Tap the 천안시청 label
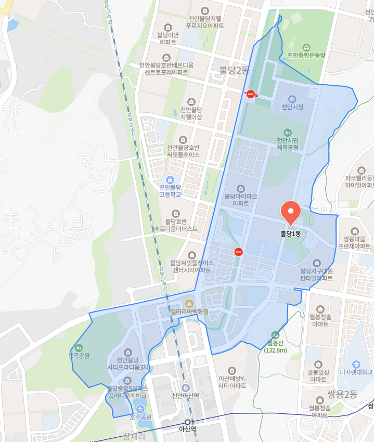[x=292, y=107]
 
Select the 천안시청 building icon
[x=292, y=99]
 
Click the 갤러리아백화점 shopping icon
[x=189, y=303]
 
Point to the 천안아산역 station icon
[x=186, y=387]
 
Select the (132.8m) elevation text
[x=275, y=350]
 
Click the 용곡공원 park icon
[x=79, y=347]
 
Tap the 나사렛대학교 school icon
[x=356, y=363]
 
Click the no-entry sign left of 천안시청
[x=251, y=94]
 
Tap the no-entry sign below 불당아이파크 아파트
[x=239, y=252]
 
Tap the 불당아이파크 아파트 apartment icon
[x=240, y=188]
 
